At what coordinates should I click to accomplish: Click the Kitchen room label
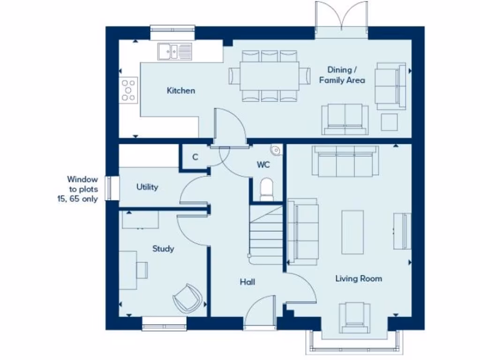click(181, 90)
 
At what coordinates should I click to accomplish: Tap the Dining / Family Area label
click(342, 75)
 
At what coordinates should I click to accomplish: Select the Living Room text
click(359, 278)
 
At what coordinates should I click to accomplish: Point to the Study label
click(163, 248)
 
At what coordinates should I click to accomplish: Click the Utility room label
click(147, 187)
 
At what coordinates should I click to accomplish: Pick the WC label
click(263, 165)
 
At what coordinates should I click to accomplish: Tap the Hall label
click(247, 282)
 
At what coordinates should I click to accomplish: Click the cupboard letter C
click(195, 157)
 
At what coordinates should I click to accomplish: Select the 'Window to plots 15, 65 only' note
click(82, 189)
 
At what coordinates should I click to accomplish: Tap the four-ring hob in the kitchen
click(129, 90)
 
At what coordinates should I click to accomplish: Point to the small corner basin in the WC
click(275, 150)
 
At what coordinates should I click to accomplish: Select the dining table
click(270, 75)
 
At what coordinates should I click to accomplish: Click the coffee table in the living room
click(352, 232)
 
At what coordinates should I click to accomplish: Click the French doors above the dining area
click(342, 19)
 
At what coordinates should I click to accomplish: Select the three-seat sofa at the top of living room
click(346, 162)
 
